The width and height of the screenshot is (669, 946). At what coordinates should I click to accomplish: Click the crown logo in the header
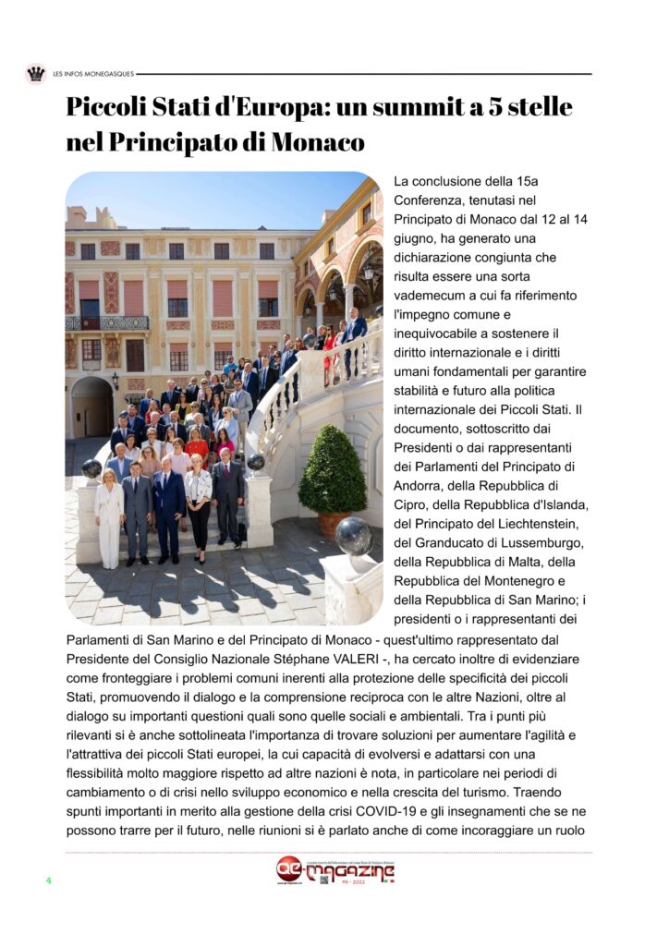pyautogui.click(x=36, y=74)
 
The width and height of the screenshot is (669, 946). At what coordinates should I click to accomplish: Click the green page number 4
pyautogui.click(x=49, y=879)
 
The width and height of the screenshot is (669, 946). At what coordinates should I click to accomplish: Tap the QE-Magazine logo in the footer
pyautogui.click(x=335, y=870)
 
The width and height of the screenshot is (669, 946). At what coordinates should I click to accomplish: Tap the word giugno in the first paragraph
pyautogui.click(x=415, y=237)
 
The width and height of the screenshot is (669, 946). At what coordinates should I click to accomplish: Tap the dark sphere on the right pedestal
pyautogui.click(x=355, y=535)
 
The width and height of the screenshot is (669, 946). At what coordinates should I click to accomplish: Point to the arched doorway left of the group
pyautogui.click(x=91, y=406)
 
